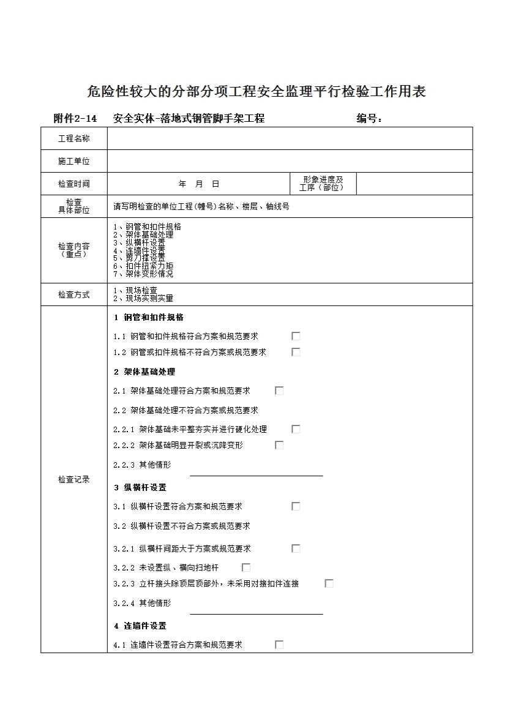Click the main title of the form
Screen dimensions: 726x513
pyautogui.click(x=256, y=92)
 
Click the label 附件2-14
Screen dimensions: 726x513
pyautogui.click(x=75, y=119)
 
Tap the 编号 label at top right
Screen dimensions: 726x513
pyautogui.click(x=369, y=119)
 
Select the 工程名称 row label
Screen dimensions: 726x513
pyautogui.click(x=74, y=139)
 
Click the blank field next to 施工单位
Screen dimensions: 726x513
pyautogui.click(x=290, y=162)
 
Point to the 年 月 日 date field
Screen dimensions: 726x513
pyautogui.click(x=198, y=184)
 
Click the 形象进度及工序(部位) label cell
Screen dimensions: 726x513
pyautogui.click(x=323, y=184)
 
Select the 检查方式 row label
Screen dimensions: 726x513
pyautogui.click(x=74, y=295)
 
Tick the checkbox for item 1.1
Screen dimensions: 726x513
pyautogui.click(x=296, y=336)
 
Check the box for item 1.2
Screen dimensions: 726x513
pyautogui.click(x=296, y=352)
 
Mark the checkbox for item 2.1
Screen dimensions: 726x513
pyautogui.click(x=279, y=391)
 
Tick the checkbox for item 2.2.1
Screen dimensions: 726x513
pyautogui.click(x=296, y=429)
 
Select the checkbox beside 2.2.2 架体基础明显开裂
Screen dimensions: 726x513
pyautogui.click(x=279, y=445)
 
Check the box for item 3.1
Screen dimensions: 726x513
pyautogui.click(x=296, y=506)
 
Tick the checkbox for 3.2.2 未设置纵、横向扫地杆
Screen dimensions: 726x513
pyautogui.click(x=246, y=567)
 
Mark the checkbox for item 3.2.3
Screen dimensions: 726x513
pyautogui.click(x=329, y=583)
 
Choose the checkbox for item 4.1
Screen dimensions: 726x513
pyautogui.click(x=279, y=645)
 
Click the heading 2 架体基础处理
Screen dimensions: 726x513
pyautogui.click(x=144, y=372)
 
